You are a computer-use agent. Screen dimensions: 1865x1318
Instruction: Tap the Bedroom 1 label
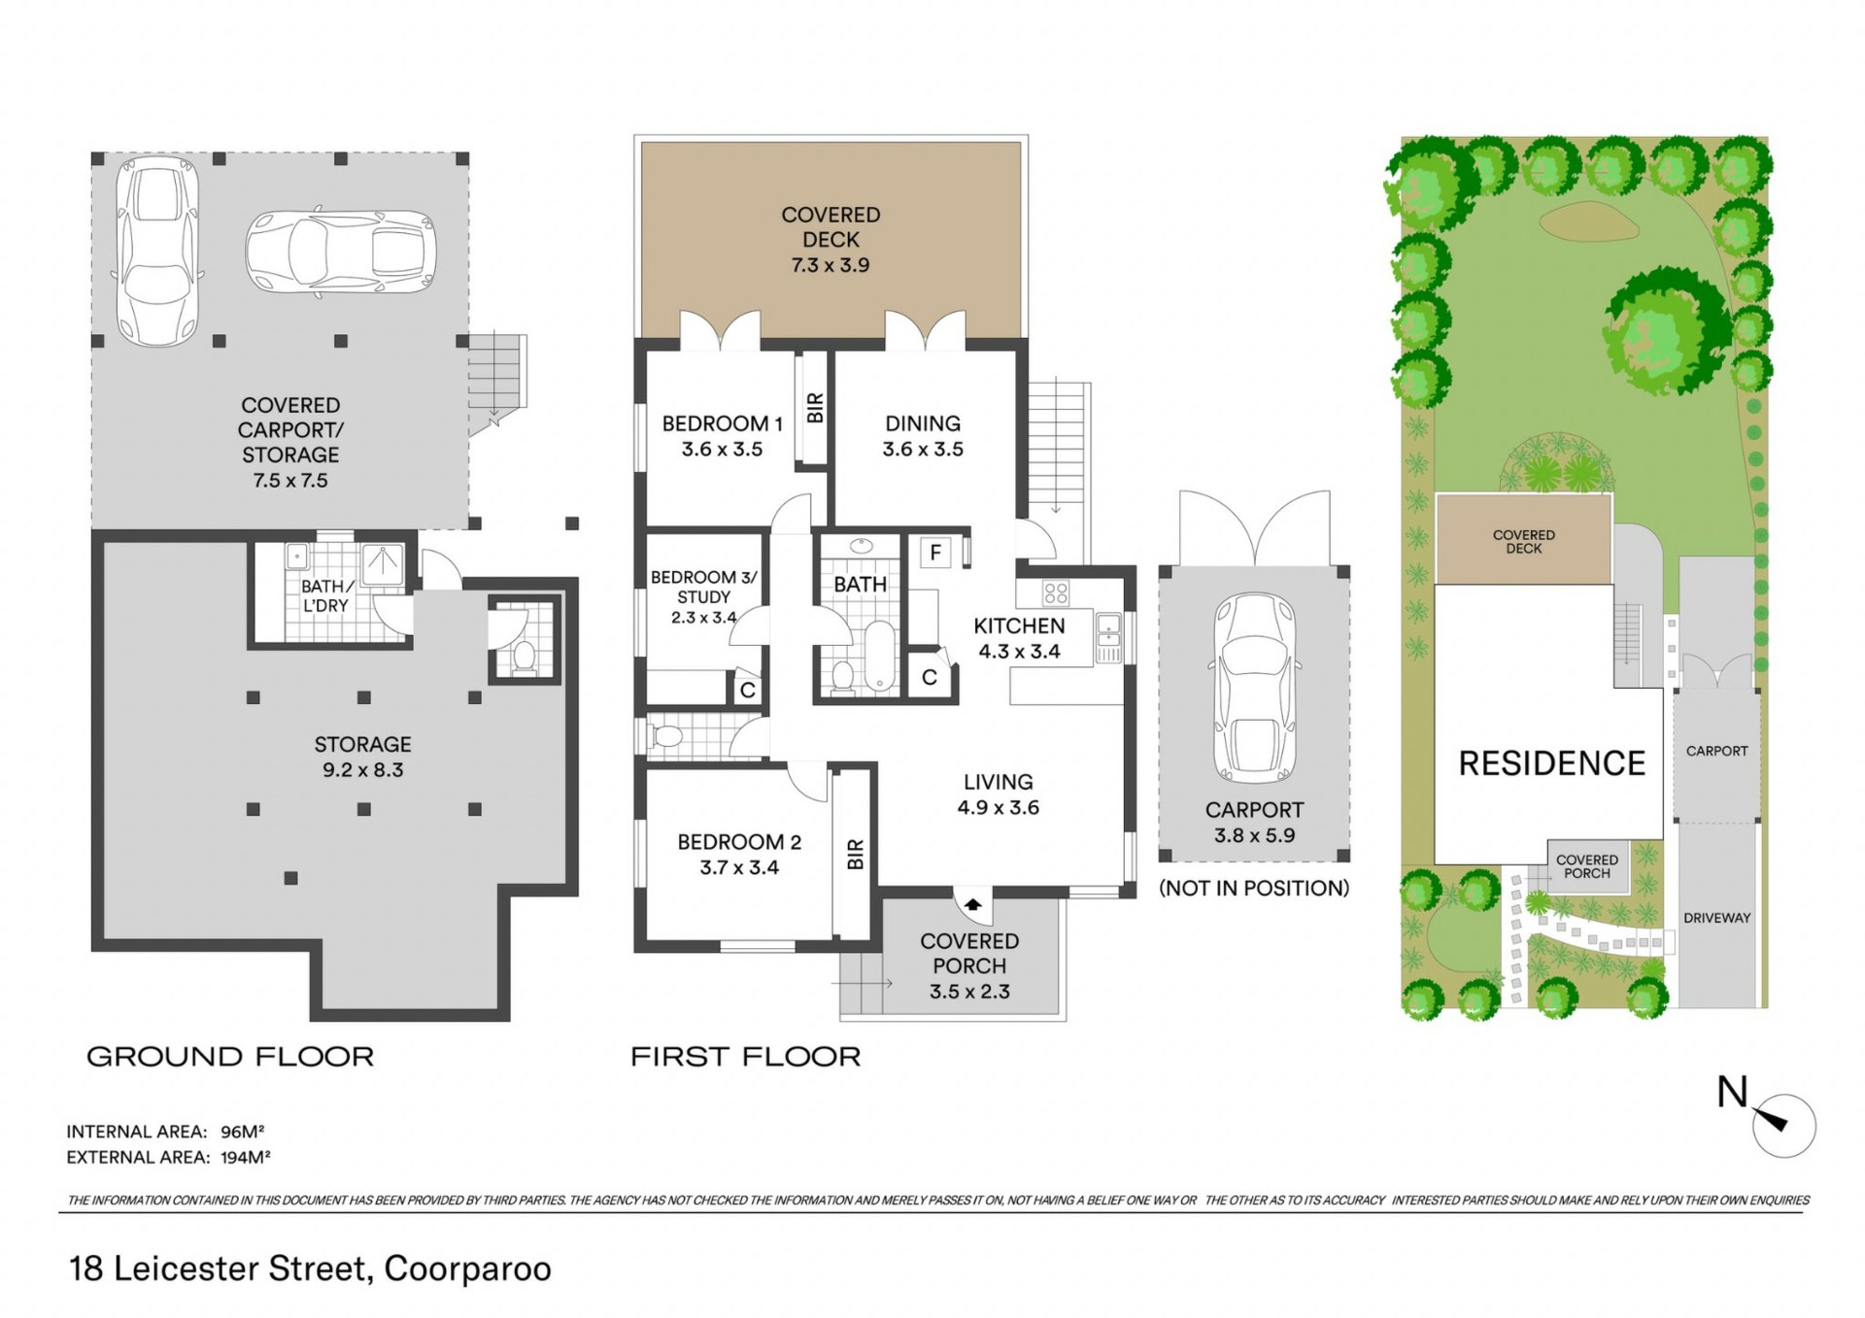click(722, 423)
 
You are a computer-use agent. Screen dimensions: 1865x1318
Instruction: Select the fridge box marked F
click(934, 553)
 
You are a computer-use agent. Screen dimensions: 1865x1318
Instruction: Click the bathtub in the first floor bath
click(880, 657)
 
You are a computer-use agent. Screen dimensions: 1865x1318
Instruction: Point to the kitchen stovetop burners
click(1056, 592)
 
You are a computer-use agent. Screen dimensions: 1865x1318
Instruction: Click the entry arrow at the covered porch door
click(972, 905)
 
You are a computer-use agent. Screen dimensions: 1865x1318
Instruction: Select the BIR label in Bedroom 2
click(855, 854)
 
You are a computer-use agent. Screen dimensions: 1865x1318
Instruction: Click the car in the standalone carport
click(1254, 688)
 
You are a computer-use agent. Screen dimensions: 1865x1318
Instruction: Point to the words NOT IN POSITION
click(1254, 888)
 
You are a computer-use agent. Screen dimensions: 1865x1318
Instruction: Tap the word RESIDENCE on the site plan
click(1551, 763)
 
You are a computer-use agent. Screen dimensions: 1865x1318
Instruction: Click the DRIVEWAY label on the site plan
click(1716, 918)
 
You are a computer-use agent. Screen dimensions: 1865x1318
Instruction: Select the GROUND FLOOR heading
click(230, 1057)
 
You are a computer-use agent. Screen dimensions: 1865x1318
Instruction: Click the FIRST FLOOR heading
click(745, 1057)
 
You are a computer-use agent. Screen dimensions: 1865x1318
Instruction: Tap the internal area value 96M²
click(243, 1132)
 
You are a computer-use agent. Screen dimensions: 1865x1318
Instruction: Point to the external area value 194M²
click(246, 1157)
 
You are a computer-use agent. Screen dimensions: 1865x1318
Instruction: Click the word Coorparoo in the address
click(467, 1269)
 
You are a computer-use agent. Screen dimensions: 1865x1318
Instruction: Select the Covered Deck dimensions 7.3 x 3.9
click(831, 265)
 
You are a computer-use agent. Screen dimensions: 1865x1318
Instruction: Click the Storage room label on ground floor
click(362, 744)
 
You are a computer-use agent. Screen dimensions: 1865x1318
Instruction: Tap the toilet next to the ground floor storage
click(524, 656)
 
